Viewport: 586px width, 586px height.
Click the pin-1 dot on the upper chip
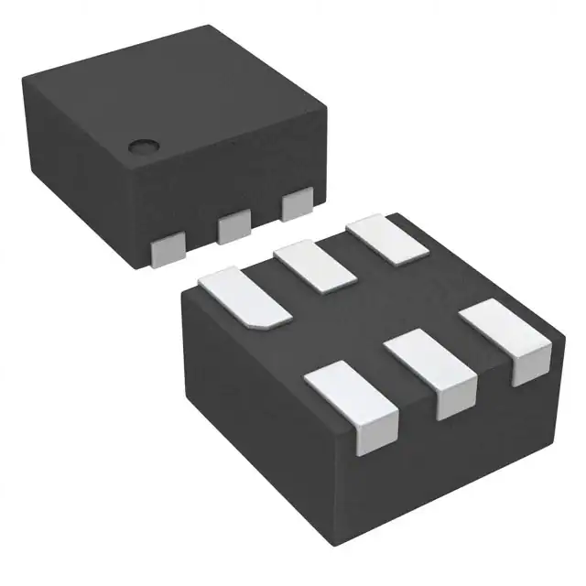[x=142, y=145]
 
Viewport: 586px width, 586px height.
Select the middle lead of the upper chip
[x=233, y=224]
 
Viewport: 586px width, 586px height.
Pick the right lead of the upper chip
[x=297, y=204]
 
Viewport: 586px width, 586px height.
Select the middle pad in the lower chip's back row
[x=317, y=266]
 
